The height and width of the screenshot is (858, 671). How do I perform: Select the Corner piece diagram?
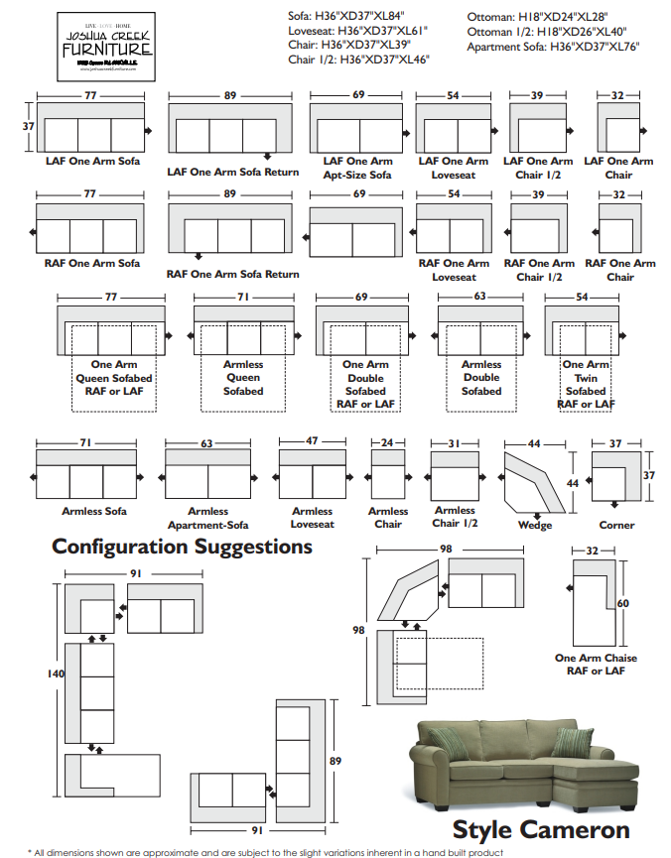(615, 475)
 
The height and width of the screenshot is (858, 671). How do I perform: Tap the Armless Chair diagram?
(387, 474)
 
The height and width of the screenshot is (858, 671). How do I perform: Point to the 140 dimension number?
(56, 674)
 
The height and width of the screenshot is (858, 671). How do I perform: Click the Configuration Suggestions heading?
(182, 547)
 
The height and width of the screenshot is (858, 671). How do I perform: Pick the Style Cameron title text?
(541, 829)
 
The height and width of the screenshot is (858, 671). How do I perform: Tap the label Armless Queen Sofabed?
(243, 378)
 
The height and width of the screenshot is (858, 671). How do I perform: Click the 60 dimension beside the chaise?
(623, 603)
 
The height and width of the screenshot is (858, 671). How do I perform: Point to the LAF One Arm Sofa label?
(92, 161)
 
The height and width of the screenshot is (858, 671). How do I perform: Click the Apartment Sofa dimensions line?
(553, 47)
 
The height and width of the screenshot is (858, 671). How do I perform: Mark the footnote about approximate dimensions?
(266, 851)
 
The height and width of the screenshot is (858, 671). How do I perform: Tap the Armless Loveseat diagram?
(313, 474)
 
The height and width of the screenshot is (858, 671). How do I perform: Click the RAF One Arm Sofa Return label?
(232, 275)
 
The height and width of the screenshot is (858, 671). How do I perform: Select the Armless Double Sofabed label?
(481, 378)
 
